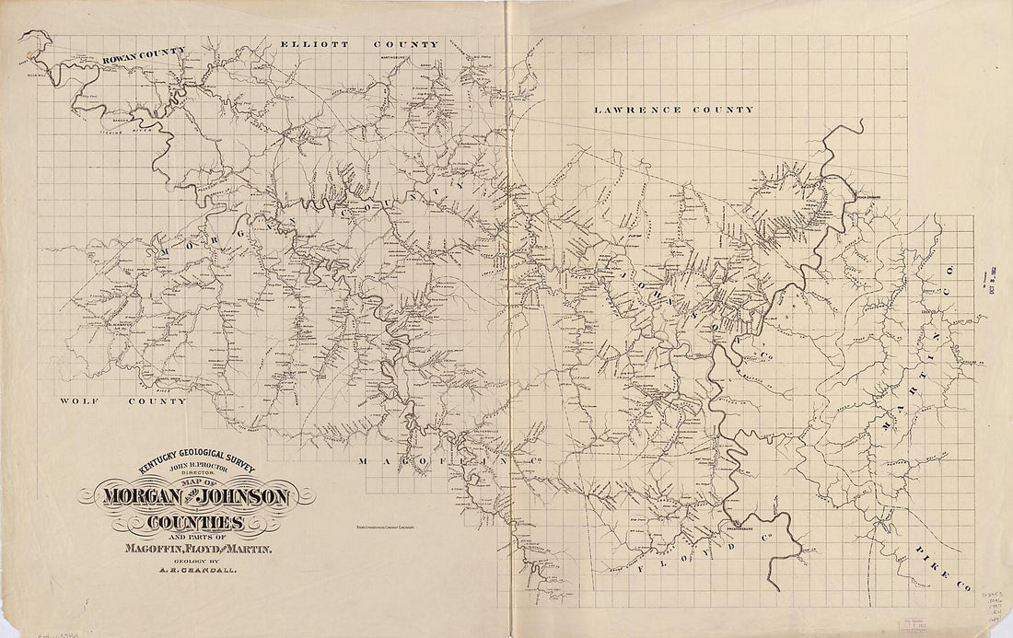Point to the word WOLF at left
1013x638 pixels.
pos(79,401)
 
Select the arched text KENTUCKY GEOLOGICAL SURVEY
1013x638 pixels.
pos(192,463)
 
